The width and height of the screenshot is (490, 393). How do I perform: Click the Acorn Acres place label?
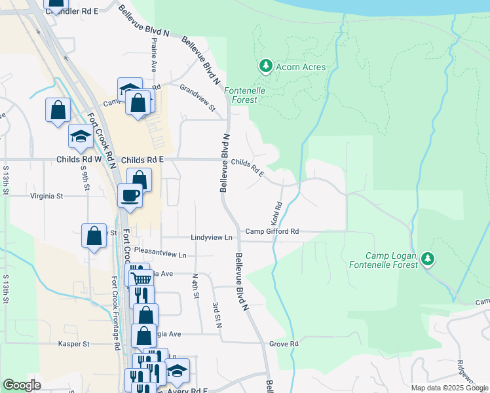(x=301, y=67)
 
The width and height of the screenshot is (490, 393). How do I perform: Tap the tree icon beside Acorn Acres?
(x=265, y=65)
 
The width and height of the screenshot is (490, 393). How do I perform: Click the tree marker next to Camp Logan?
(x=428, y=259)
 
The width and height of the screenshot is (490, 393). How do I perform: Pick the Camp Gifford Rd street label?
(x=272, y=231)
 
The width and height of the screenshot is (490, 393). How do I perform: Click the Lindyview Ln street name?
(x=212, y=237)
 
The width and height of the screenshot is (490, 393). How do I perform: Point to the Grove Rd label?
(x=284, y=343)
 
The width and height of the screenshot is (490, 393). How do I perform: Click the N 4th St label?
(x=195, y=286)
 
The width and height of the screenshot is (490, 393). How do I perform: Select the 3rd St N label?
(x=216, y=314)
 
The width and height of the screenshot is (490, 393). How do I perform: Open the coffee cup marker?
(x=130, y=195)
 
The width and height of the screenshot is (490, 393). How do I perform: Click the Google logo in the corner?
(x=22, y=385)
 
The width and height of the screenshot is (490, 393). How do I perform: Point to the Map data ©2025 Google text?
(x=449, y=388)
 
